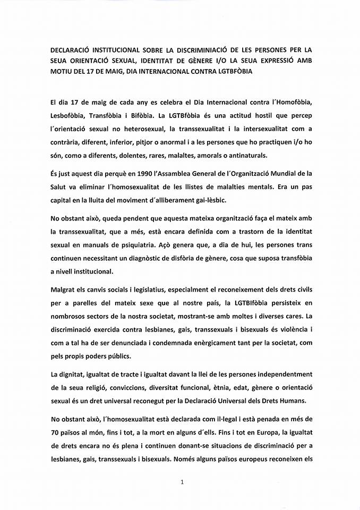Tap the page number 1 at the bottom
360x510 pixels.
[x=182, y=482]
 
